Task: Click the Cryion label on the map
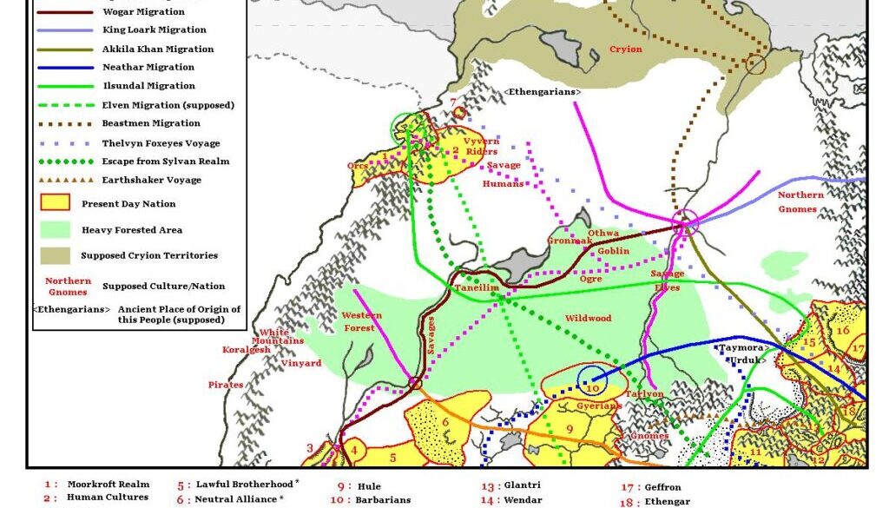(626, 49)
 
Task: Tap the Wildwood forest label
(589, 319)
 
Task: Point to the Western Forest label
(362, 321)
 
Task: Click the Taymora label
(741, 347)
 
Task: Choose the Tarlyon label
(644, 394)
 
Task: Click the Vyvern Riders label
(481, 146)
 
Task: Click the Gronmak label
(569, 241)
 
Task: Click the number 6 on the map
(445, 422)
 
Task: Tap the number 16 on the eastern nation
(842, 330)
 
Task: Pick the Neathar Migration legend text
(148, 68)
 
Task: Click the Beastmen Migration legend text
(151, 124)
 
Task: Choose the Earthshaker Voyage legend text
(152, 181)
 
